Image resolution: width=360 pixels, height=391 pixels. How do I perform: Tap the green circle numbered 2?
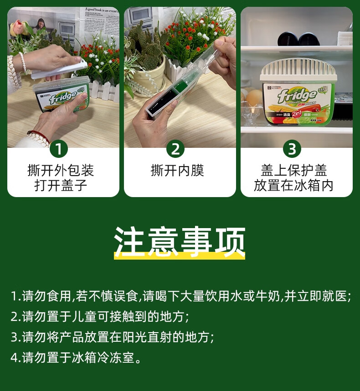tap(175, 149)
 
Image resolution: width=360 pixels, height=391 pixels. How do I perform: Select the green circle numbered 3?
tap(292, 149)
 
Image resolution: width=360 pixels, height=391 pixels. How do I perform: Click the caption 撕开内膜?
tap(177, 171)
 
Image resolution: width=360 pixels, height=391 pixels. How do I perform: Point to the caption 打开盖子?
tap(61, 186)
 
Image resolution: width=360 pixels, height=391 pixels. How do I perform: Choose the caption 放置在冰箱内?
tap(294, 186)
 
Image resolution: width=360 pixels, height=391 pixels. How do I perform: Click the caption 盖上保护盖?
tap(294, 171)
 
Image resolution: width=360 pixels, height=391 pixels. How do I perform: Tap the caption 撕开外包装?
tap(61, 171)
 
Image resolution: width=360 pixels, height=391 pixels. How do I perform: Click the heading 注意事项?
tap(180, 240)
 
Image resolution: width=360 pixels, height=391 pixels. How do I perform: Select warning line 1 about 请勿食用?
tap(180, 297)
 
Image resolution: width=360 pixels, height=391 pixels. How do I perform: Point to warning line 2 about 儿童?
tap(99, 317)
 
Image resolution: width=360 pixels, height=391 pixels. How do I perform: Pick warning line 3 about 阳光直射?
tap(112, 337)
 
